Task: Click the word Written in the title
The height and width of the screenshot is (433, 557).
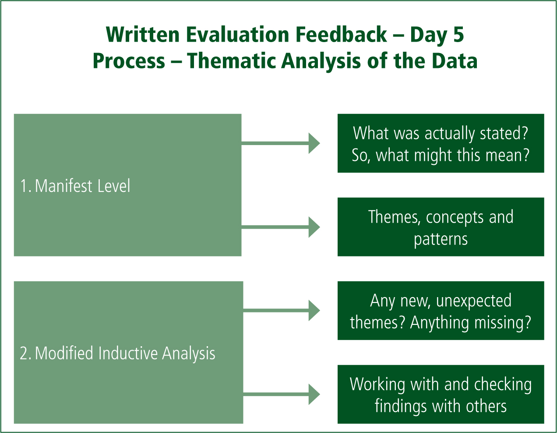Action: [142, 34]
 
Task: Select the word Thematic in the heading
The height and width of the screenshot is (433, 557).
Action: [231, 61]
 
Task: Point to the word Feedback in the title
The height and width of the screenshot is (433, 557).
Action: [341, 34]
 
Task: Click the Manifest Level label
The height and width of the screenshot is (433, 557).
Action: [75, 186]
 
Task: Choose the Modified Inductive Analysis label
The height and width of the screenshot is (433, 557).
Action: [117, 353]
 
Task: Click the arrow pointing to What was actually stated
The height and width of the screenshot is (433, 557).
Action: [281, 143]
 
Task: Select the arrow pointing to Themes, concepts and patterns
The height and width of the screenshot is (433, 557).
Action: [281, 227]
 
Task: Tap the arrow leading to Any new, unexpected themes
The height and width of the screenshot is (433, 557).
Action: [282, 310]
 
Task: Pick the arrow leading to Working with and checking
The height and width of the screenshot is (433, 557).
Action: [282, 394]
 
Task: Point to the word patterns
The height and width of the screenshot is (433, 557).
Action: [441, 240]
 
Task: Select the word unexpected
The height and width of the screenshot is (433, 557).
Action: [474, 301]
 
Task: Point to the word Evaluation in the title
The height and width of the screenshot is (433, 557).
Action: [238, 34]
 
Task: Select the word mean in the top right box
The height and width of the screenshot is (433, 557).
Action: [507, 156]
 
